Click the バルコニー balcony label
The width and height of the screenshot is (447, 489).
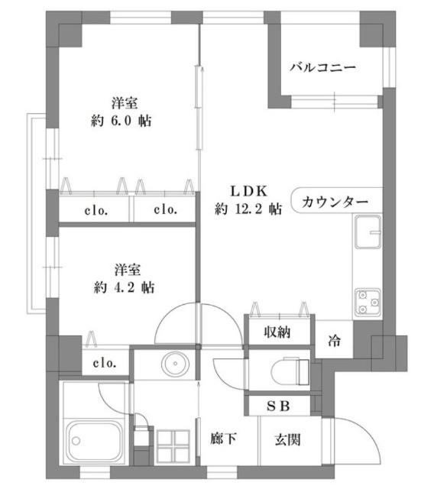(x=322, y=68)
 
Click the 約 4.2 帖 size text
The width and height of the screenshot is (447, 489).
(x=125, y=288)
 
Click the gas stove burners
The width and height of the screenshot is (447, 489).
(x=368, y=301)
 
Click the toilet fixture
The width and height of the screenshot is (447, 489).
(x=292, y=371)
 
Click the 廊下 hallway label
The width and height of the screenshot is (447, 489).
(x=222, y=439)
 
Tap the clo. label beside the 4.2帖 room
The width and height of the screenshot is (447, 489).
(x=106, y=363)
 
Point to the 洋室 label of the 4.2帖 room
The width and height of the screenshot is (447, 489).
(x=125, y=269)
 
